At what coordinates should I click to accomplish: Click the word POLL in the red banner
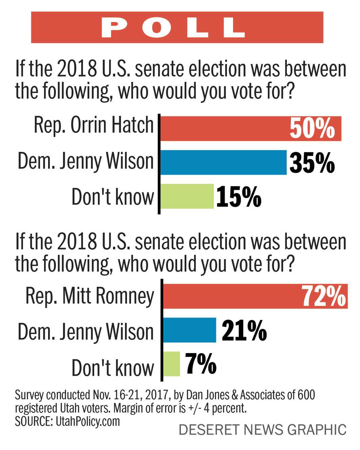coord(173,27)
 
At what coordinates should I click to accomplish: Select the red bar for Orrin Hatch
coord(224,128)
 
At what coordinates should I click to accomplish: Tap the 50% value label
coord(312,128)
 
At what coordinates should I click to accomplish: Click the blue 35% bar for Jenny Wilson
coord(223,162)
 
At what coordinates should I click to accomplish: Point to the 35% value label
coord(312,163)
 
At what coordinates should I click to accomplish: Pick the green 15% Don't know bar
coord(187,196)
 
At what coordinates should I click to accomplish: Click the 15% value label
coord(239,197)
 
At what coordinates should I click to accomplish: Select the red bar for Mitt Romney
coord(230,296)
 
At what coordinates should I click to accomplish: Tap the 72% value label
coord(324,296)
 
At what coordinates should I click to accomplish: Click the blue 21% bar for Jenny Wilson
coord(190,330)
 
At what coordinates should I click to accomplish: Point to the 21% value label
coord(244,331)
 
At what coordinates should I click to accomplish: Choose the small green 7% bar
coord(171,364)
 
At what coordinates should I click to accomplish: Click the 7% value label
coord(200,364)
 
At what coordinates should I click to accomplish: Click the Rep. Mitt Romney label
coord(90,296)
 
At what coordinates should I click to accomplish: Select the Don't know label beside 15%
coord(112,197)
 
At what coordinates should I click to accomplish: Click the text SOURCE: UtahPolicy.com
coord(67,422)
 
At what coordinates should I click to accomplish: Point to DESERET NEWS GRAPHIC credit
coord(262,430)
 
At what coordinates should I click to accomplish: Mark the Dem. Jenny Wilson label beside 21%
coord(86,332)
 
